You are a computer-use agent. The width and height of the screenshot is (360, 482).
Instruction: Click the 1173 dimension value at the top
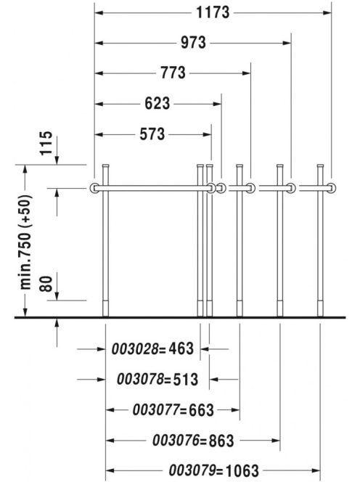point(213,12)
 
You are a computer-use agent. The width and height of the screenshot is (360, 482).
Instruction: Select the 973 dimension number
point(193,42)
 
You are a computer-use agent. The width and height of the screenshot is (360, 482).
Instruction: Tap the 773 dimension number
point(173,73)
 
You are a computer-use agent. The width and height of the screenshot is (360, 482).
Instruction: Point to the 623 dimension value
point(157,104)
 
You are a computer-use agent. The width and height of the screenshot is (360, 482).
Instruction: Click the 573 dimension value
point(152,134)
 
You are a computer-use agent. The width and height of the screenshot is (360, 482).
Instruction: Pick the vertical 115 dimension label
point(46,143)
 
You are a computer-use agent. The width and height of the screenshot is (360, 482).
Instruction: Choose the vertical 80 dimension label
point(46,283)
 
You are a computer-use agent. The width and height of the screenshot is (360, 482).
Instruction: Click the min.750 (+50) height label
point(26,242)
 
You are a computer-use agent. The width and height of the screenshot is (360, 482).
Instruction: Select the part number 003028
point(135,349)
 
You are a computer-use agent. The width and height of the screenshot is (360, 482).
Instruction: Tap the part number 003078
point(140,379)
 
